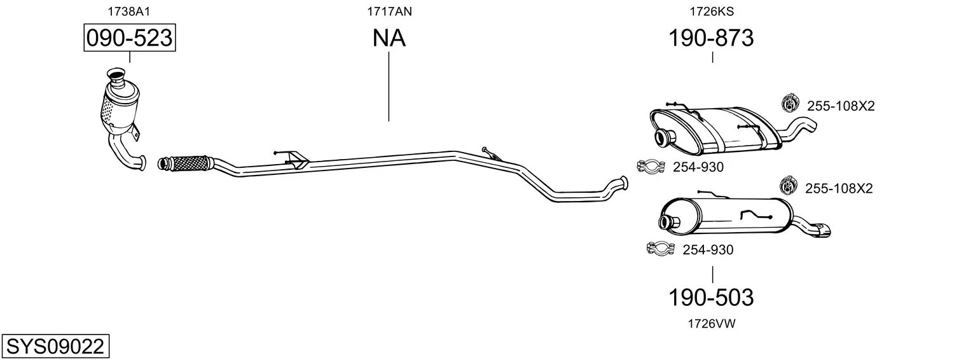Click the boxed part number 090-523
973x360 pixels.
(x=130, y=38)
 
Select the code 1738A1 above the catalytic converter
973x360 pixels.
(x=129, y=11)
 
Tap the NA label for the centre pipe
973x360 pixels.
(x=389, y=38)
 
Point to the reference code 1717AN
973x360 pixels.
(x=389, y=11)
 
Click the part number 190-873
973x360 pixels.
(x=710, y=38)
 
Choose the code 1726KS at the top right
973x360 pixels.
(x=712, y=11)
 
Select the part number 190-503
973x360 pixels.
(x=710, y=298)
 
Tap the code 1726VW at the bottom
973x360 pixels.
(x=712, y=324)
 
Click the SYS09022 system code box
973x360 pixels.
(x=55, y=347)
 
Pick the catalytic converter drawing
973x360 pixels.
(x=121, y=117)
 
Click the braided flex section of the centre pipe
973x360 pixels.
(x=187, y=163)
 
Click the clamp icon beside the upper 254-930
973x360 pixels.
(x=651, y=166)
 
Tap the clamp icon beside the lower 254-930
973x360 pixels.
(x=660, y=249)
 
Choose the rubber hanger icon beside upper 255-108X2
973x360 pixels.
(x=790, y=103)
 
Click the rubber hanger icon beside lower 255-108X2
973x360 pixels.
(x=789, y=186)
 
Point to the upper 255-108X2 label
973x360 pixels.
(x=841, y=106)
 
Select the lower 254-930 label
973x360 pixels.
(x=708, y=250)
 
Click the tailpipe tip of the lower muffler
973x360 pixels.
(x=822, y=231)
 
